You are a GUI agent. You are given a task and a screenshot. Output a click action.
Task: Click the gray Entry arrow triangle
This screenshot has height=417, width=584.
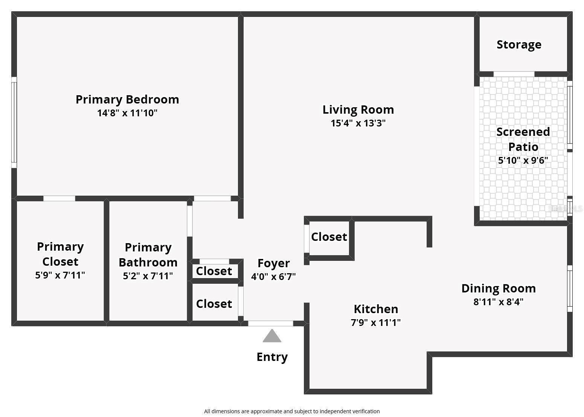(271, 336)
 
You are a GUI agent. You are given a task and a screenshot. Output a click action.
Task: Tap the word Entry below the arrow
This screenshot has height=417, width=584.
(272, 357)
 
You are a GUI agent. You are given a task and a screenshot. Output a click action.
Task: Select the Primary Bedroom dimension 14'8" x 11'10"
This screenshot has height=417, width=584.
(127, 113)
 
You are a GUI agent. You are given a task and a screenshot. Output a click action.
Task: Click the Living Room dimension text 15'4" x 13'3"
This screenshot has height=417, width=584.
(358, 123)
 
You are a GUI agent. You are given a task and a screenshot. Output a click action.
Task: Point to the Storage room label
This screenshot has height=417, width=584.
(519, 44)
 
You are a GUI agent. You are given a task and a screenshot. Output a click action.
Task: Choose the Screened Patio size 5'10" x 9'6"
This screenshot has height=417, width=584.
(523, 160)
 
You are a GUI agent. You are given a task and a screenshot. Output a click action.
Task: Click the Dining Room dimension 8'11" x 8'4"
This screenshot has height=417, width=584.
(498, 302)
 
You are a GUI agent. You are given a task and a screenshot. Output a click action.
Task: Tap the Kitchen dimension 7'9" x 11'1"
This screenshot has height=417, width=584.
(376, 323)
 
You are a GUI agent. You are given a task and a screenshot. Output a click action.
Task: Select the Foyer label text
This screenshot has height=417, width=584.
(273, 263)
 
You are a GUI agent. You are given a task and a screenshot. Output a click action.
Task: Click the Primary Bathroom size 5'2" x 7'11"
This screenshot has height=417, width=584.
(148, 276)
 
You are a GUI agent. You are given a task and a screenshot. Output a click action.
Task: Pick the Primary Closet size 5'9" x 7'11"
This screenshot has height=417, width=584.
(60, 275)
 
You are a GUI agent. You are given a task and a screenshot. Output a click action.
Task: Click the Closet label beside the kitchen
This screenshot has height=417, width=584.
(329, 237)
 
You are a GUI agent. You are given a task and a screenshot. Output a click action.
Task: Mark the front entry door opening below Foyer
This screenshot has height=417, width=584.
(270, 323)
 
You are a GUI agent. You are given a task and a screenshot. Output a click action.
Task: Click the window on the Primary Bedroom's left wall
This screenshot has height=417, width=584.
(14, 122)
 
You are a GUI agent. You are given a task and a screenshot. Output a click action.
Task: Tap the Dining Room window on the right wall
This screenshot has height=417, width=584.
(570, 288)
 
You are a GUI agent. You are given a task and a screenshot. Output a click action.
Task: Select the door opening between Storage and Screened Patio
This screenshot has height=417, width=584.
(514, 74)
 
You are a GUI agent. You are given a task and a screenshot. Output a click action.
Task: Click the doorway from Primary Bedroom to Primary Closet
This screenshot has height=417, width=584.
(59, 199)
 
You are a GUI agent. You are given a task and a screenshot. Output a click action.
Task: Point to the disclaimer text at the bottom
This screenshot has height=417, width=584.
(292, 411)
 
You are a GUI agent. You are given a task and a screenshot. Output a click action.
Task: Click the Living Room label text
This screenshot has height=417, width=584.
(358, 110)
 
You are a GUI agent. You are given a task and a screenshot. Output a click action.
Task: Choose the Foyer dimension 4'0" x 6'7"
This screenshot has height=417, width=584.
(273, 277)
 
